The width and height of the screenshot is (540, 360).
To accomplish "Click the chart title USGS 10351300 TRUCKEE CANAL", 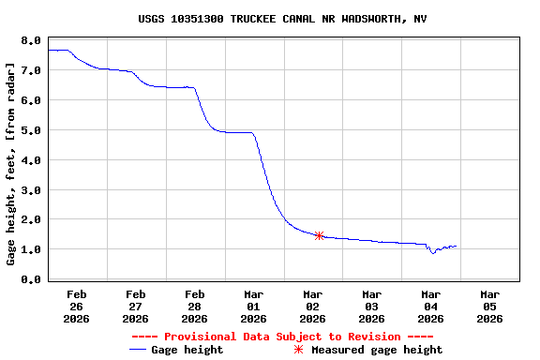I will coord(271,19).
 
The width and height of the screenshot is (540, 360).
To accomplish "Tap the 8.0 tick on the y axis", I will coord(31,40).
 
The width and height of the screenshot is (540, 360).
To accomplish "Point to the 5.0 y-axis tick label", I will coord(31,130).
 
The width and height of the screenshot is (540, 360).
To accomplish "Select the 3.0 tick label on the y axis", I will coord(31,190).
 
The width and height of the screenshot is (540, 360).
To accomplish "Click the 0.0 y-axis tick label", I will coord(31,279).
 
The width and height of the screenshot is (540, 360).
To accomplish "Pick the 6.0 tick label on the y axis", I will coord(31,100).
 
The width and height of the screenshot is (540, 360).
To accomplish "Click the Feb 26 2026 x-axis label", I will coord(77,307).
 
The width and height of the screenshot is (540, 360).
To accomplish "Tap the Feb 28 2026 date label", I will coord(195,307).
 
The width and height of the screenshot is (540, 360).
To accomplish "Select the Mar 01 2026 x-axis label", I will coord(254,307).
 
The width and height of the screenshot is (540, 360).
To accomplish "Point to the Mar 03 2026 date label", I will coord(371,307).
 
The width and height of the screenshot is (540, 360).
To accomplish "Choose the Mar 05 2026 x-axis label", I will coord(489,307).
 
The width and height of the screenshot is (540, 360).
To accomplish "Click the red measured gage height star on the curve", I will coord(320,236).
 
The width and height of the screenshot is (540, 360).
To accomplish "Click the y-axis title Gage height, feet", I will coord(11,164).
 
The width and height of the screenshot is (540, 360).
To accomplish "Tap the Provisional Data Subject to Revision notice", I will coord(282,336).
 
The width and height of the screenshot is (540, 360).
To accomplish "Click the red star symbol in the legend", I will coord(299,350).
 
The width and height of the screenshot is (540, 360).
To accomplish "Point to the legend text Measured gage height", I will coord(377,350).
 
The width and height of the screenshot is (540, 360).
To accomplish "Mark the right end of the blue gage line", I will coord(457,247).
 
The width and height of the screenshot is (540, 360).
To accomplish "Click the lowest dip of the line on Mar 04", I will coord(432,253).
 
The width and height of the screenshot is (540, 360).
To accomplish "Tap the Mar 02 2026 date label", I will coord(313,307).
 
